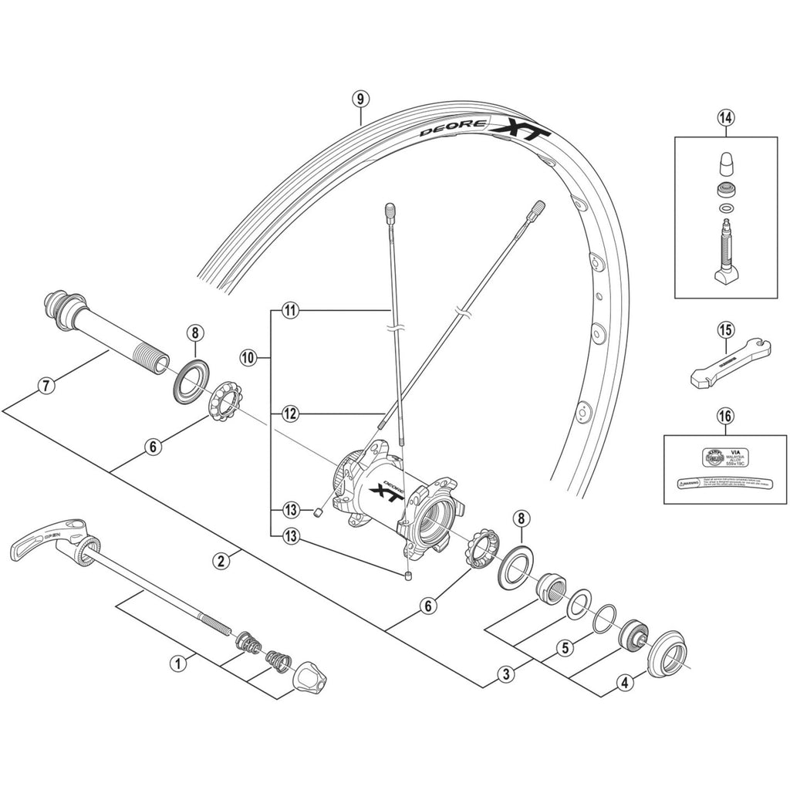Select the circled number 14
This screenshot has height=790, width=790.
[x=725, y=117]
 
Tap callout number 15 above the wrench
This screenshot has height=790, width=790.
[x=725, y=330]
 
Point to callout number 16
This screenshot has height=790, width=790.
[x=725, y=417]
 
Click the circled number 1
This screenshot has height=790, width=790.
[x=179, y=662]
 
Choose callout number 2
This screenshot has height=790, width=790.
[x=221, y=561]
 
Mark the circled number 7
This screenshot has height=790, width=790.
[x=47, y=386]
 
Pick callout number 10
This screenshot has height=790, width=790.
[x=247, y=358]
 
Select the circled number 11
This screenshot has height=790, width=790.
[x=290, y=311]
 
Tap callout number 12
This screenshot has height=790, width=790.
[x=290, y=414]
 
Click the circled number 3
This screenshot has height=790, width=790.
[x=506, y=674]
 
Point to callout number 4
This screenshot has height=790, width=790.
[x=625, y=681]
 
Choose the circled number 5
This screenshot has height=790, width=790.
[x=565, y=648]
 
